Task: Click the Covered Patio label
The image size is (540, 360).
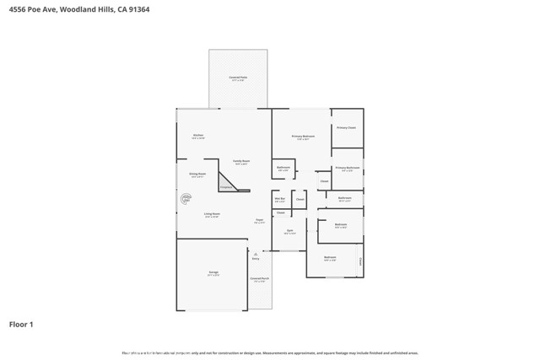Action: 238,78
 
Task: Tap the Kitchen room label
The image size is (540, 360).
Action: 197,136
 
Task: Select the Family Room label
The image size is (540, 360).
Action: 240,162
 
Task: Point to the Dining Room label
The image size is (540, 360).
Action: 197,175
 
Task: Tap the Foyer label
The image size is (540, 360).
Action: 260,221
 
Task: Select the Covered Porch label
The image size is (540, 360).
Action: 259,279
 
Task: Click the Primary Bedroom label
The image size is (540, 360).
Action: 303,137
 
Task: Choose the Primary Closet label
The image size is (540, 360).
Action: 346,127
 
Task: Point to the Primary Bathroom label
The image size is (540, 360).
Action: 347,169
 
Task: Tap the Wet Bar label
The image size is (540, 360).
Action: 280,200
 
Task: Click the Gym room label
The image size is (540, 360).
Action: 289,231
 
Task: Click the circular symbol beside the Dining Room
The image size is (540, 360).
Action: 186,199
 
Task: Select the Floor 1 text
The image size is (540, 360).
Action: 21,324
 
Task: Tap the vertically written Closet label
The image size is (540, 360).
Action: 360,261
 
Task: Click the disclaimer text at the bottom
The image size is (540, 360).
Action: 269,353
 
